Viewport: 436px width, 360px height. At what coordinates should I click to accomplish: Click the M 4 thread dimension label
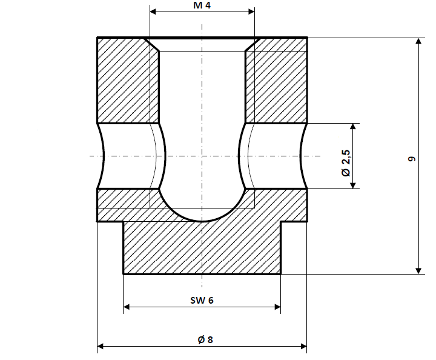(202, 5)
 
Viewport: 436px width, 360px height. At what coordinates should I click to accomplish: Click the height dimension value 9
(412, 159)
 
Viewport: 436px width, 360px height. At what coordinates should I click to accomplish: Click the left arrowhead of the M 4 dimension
(153, 12)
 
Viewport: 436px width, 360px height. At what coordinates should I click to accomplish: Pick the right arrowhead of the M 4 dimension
(251, 12)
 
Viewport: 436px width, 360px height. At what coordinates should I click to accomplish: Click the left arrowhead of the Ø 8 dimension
(101, 346)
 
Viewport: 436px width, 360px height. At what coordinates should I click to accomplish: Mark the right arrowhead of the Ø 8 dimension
(303, 346)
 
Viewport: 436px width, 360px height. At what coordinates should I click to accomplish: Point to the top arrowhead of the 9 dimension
(418, 41)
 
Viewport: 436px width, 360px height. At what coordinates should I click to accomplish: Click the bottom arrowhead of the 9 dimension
(418, 270)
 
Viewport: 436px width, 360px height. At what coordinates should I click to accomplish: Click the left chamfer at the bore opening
(151, 44)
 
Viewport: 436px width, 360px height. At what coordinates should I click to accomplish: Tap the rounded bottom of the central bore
(202, 217)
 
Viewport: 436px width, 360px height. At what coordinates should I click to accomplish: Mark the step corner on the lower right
(282, 222)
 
